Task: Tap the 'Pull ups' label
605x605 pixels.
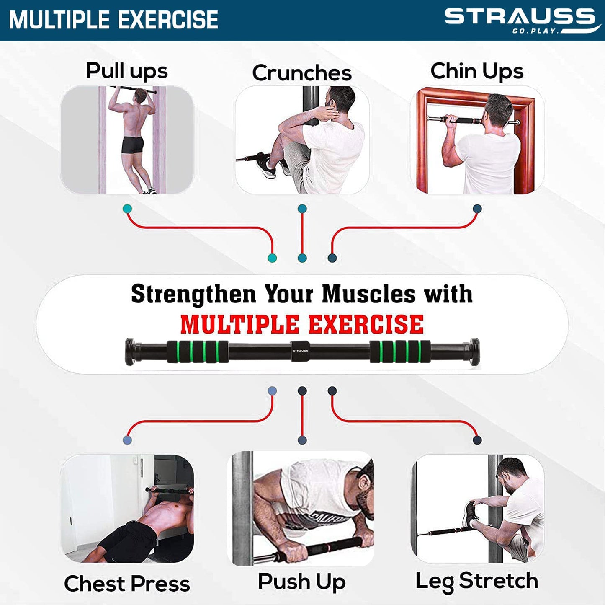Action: point(126,70)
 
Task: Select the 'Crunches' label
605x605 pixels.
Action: point(301,73)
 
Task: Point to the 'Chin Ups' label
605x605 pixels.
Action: point(476,71)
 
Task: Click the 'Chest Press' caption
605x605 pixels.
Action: point(127,583)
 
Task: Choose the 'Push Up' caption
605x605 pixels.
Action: point(301,582)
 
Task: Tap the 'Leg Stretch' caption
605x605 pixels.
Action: point(476,581)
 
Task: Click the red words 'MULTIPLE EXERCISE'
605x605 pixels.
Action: point(302,324)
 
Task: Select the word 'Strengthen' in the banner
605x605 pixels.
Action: point(193,294)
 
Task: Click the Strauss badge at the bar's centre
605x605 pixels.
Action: point(300,351)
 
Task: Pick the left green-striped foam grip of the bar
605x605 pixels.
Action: point(198,352)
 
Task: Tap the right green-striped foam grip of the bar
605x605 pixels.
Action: point(400,352)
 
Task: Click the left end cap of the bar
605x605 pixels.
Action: point(130,352)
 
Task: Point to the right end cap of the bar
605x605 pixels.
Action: point(474,351)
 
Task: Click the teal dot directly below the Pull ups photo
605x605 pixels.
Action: point(127,209)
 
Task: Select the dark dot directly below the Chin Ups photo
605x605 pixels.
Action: point(477,209)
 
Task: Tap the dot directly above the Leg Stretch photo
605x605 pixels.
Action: point(477,440)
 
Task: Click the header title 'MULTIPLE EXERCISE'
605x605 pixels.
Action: point(113,20)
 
